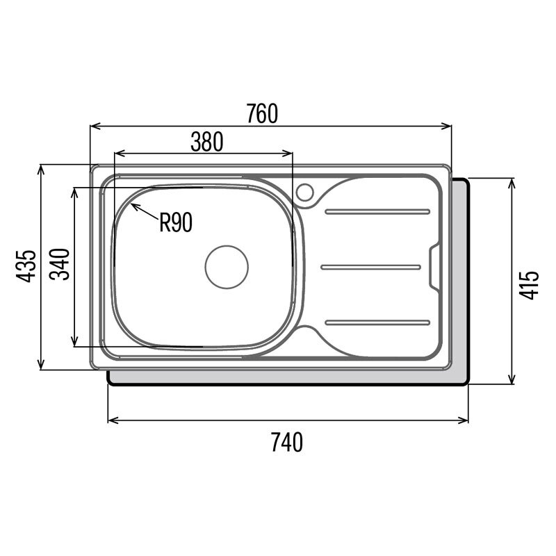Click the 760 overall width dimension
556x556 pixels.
pyautogui.click(x=262, y=113)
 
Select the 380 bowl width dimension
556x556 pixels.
pyautogui.click(x=206, y=142)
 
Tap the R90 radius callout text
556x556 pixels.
pyautogui.click(x=176, y=222)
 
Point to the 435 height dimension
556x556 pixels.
pyautogui.click(x=26, y=266)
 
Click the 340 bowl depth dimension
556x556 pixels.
pyautogui.click(x=60, y=265)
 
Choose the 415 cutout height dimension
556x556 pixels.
pyautogui.click(x=529, y=285)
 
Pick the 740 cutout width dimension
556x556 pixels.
pyautogui.click(x=287, y=442)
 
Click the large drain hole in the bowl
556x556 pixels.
pyautogui.click(x=227, y=267)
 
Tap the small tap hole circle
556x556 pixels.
pyautogui.click(x=304, y=193)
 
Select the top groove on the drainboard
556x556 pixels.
pyautogui.click(x=377, y=212)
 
